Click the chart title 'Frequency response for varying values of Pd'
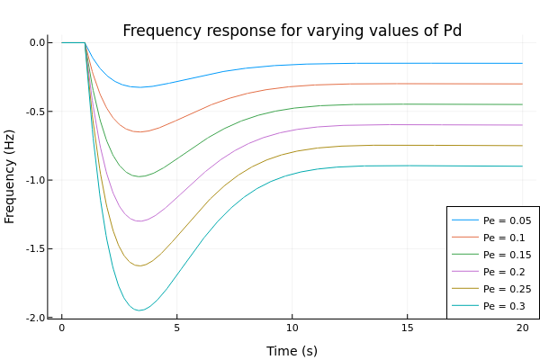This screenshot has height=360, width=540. (292, 31)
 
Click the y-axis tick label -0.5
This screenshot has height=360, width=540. (39, 112)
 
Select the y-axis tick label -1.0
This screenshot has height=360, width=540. (39, 180)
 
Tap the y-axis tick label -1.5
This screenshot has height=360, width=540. (39, 249)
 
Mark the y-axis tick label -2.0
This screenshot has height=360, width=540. (39, 318)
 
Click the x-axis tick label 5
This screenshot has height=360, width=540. (176, 329)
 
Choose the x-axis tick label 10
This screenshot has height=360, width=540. (292, 329)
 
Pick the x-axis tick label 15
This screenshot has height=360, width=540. (407, 329)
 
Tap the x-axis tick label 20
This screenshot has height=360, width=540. (522, 329)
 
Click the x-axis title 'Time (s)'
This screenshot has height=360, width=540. (292, 351)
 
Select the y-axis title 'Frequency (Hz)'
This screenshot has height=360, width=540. (11, 180)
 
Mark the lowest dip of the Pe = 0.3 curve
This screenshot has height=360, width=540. (139, 310)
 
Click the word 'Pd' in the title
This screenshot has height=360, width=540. (451, 31)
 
